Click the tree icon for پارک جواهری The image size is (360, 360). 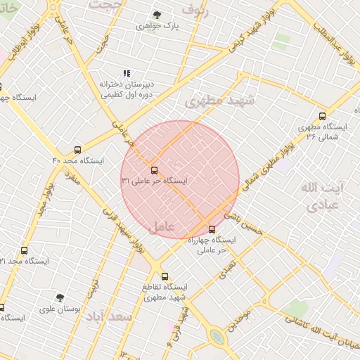tap(156, 15)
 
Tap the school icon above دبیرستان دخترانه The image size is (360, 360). tap(127, 73)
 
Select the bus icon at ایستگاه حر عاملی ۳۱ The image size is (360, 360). tap(154, 169)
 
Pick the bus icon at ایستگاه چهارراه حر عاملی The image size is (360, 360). tap(212, 229)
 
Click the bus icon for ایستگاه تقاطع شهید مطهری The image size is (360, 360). tap(165, 276)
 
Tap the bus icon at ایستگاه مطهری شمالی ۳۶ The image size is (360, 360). tap(322, 116)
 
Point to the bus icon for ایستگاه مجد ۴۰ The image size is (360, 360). tap(77, 150)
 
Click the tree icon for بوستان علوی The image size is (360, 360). tap(60, 297)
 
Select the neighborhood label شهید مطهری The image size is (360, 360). tap(219, 101)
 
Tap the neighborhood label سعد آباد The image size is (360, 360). tap(109, 317)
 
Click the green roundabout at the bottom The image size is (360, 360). tap(217, 337)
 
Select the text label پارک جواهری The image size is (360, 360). tap(155, 27)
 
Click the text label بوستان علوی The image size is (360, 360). tap(60, 309)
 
